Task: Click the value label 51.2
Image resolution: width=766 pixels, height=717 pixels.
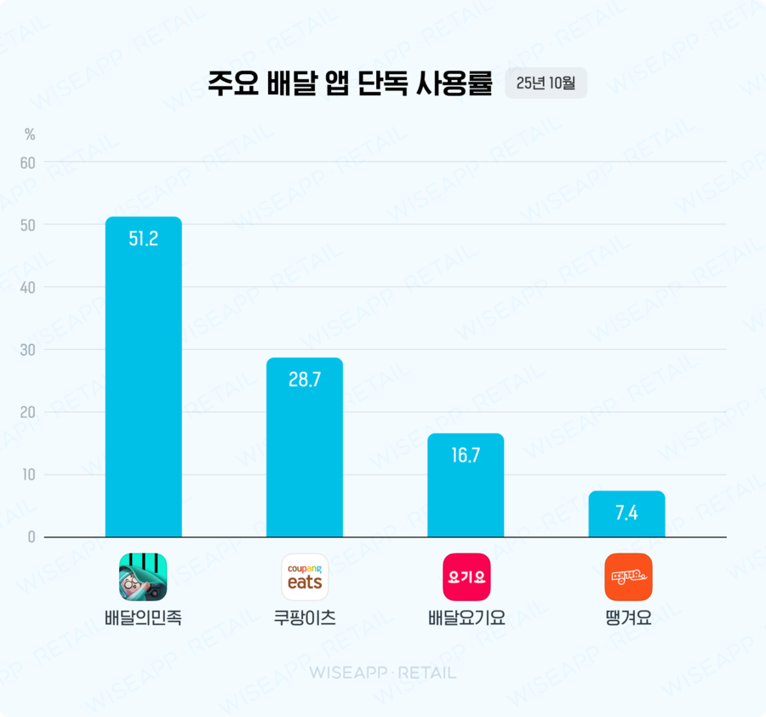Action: [143, 239]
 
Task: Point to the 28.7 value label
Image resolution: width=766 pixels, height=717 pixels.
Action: [305, 380]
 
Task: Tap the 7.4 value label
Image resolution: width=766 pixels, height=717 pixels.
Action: [626, 513]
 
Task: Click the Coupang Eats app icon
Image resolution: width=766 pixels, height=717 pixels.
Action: [305, 576]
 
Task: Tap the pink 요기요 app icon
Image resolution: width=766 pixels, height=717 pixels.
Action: [466, 576]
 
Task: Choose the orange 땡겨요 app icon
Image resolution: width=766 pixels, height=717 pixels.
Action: [628, 576]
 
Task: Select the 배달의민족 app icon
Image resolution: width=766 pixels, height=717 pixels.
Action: [143, 576]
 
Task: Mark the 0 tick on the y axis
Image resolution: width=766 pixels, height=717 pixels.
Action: [31, 537]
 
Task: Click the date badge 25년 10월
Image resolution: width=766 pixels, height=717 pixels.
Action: [546, 83]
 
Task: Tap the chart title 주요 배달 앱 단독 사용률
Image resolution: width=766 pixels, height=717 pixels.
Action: [351, 83]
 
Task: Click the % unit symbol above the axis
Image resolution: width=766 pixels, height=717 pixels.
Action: [30, 135]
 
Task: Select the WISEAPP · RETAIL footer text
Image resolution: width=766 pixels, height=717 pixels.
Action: [382, 673]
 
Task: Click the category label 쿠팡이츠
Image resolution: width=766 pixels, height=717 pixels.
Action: [305, 618]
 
